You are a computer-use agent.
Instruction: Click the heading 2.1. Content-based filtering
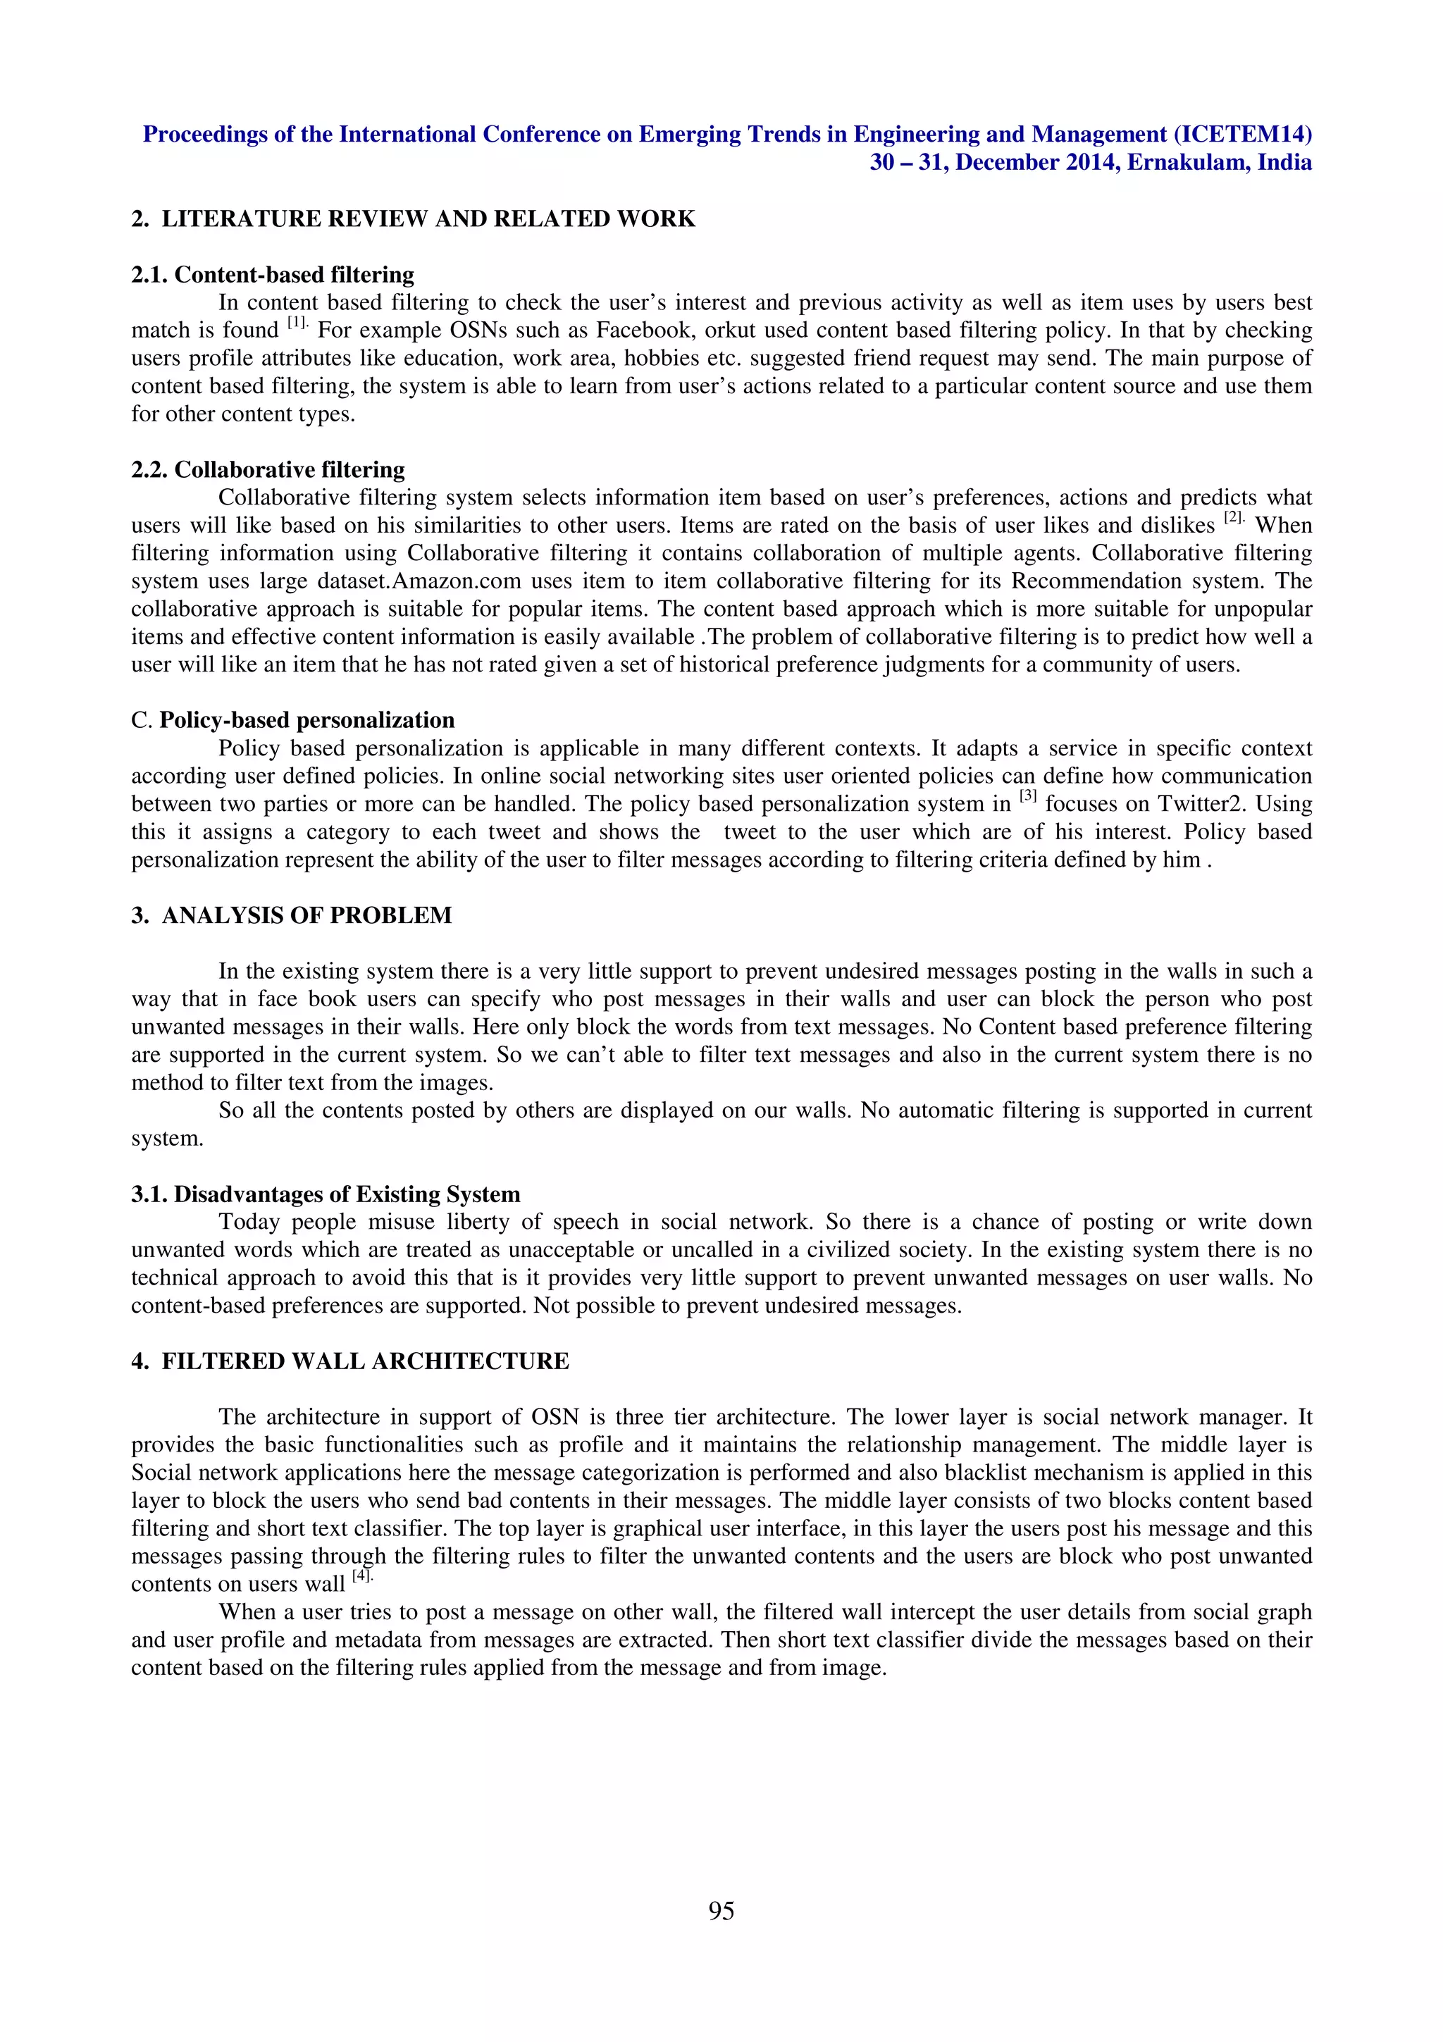point(272,274)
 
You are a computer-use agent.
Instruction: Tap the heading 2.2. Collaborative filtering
point(268,469)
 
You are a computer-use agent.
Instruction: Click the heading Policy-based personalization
point(306,719)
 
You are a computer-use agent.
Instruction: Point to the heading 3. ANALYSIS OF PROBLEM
point(292,915)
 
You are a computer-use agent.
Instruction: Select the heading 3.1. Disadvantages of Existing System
point(326,1194)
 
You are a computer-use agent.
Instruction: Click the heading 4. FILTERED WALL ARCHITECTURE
point(350,1361)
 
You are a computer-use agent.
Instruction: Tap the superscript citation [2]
point(1234,519)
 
